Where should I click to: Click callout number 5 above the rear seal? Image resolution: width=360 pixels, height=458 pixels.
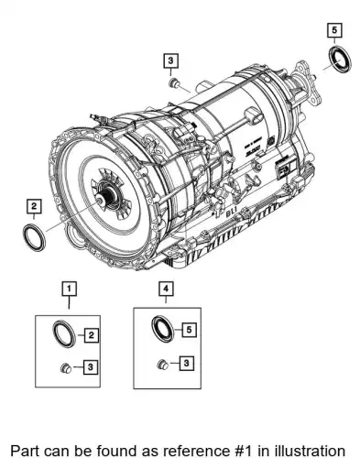coord(334,30)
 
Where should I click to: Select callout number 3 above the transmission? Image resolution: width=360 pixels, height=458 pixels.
coord(170,60)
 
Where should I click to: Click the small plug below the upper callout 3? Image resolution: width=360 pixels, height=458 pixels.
coord(174,82)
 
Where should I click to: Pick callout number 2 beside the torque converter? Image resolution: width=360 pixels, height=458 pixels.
coord(34,206)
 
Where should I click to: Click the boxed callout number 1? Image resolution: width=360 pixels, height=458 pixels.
coord(69,289)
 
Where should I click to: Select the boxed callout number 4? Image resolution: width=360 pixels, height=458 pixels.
coord(166,289)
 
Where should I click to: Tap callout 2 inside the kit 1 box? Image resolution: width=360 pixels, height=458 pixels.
coord(91,335)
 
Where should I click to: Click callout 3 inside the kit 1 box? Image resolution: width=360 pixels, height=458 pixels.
coord(90,366)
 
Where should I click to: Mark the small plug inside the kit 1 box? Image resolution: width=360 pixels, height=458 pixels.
coord(66,368)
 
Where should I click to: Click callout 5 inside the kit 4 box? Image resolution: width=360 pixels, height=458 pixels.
coord(189,330)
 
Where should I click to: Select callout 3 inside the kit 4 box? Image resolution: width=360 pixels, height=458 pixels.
coord(186,363)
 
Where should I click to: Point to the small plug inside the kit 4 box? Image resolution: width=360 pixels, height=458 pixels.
coord(163,365)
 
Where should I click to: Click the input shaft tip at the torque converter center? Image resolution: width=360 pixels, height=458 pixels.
coord(100,201)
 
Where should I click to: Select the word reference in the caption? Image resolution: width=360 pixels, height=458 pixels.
coord(202,451)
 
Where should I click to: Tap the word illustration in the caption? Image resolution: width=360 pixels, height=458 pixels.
coord(311,451)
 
